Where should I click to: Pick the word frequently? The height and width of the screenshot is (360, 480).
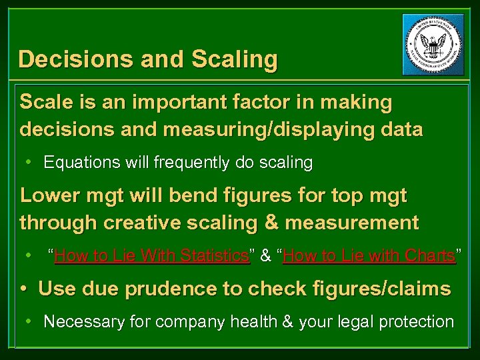point(200,162)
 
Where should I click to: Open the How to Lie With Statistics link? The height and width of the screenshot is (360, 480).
point(152,255)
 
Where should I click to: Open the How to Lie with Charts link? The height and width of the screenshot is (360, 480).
point(369,255)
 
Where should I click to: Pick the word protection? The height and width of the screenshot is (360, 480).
point(416,322)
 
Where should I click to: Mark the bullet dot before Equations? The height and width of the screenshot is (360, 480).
point(29,162)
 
